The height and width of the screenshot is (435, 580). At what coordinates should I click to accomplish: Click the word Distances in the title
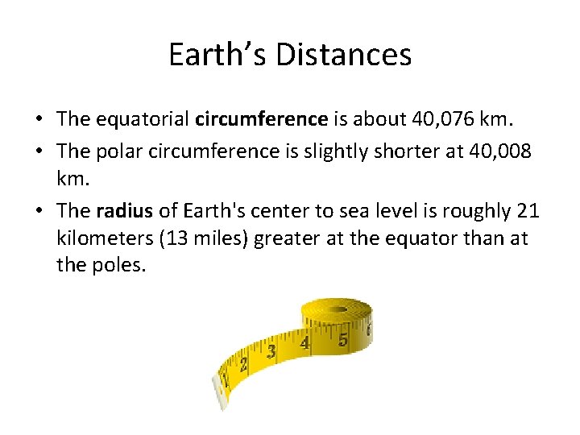[x=343, y=55]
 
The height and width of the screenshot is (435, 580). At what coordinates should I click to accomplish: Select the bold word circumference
[x=261, y=119]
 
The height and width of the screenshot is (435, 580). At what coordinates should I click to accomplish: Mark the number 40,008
[x=497, y=150]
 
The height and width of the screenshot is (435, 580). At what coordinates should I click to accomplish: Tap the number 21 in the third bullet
[x=527, y=211]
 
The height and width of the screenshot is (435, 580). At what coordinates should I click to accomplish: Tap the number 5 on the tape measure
[x=343, y=340]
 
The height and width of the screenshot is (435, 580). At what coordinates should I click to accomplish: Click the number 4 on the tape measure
[x=304, y=344]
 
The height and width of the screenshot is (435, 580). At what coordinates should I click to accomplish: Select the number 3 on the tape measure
[x=271, y=352]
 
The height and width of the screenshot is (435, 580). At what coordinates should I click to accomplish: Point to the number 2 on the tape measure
[x=243, y=365]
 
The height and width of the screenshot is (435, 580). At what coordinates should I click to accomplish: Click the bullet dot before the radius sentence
[x=39, y=212]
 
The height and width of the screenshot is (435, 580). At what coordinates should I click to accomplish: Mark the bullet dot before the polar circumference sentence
[x=39, y=151]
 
